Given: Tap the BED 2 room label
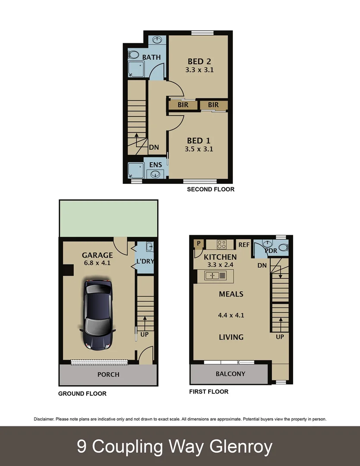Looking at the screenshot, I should [199, 61].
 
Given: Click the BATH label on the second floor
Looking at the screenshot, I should [151, 57].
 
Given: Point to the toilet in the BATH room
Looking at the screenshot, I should [133, 55].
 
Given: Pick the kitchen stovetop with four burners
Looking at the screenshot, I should [222, 245].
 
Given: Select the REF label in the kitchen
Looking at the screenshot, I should [244, 245].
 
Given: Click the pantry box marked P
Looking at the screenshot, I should [199, 244].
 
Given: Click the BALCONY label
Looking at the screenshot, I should [230, 374].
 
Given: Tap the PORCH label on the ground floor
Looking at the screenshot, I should [108, 374].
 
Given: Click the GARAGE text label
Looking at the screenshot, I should [97, 255].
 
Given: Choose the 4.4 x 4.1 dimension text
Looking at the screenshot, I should [231, 315].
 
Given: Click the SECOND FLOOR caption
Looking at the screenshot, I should [210, 189].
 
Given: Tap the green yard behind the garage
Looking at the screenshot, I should [108, 218].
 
